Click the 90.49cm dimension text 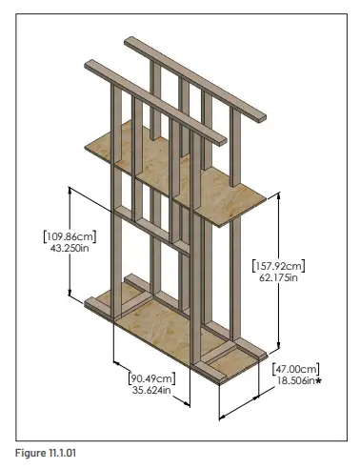click(152, 377)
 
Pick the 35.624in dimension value click(152, 390)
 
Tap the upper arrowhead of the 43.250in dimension click(71, 189)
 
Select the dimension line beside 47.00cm click(243, 401)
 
